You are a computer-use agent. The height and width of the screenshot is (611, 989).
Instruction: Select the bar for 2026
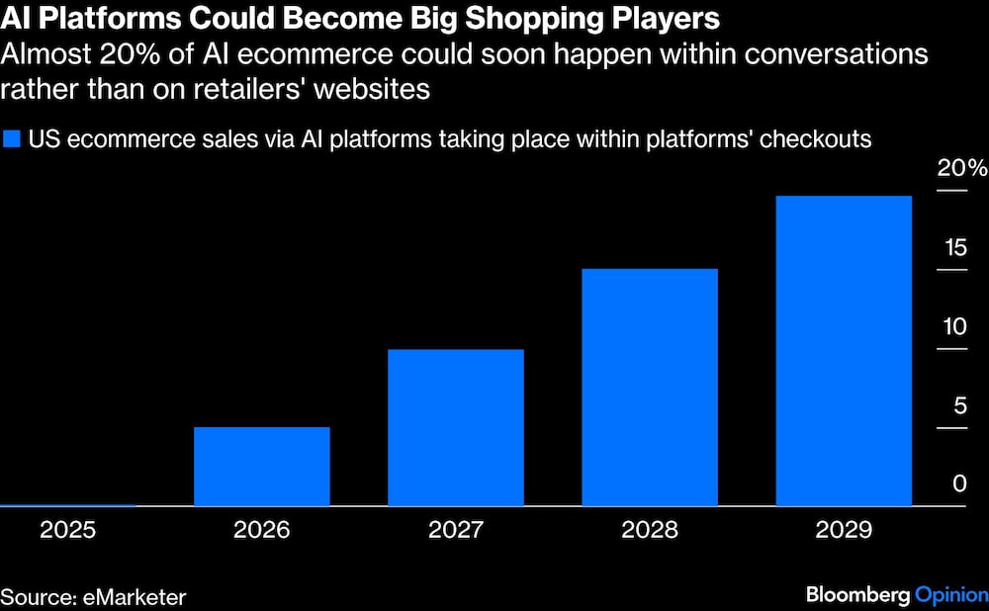click(261, 466)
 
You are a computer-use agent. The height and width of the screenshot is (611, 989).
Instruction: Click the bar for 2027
click(456, 427)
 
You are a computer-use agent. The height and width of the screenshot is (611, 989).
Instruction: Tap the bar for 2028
click(650, 387)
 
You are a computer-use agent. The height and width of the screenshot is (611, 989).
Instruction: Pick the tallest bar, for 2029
click(844, 350)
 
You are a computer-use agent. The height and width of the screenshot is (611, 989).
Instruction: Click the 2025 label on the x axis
click(67, 530)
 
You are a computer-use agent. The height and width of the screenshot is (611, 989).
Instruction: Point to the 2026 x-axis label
click(261, 530)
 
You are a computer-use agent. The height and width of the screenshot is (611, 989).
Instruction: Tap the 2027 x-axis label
click(456, 530)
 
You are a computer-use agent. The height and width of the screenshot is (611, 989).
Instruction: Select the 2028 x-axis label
click(650, 530)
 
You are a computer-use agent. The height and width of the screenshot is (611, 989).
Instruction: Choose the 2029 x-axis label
click(844, 530)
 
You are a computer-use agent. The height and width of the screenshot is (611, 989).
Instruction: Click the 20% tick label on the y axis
click(961, 169)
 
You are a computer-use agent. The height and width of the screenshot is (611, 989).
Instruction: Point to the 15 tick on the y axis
click(953, 247)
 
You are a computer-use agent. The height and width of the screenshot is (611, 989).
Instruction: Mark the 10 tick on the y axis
click(953, 326)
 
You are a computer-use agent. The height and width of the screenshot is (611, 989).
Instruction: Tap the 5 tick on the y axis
click(958, 405)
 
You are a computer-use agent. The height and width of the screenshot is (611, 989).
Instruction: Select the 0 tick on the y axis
click(958, 484)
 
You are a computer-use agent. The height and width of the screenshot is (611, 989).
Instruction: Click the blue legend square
click(12, 138)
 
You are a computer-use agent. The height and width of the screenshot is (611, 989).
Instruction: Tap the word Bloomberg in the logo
click(856, 594)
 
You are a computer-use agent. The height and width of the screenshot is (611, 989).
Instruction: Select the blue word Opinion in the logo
click(950, 594)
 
